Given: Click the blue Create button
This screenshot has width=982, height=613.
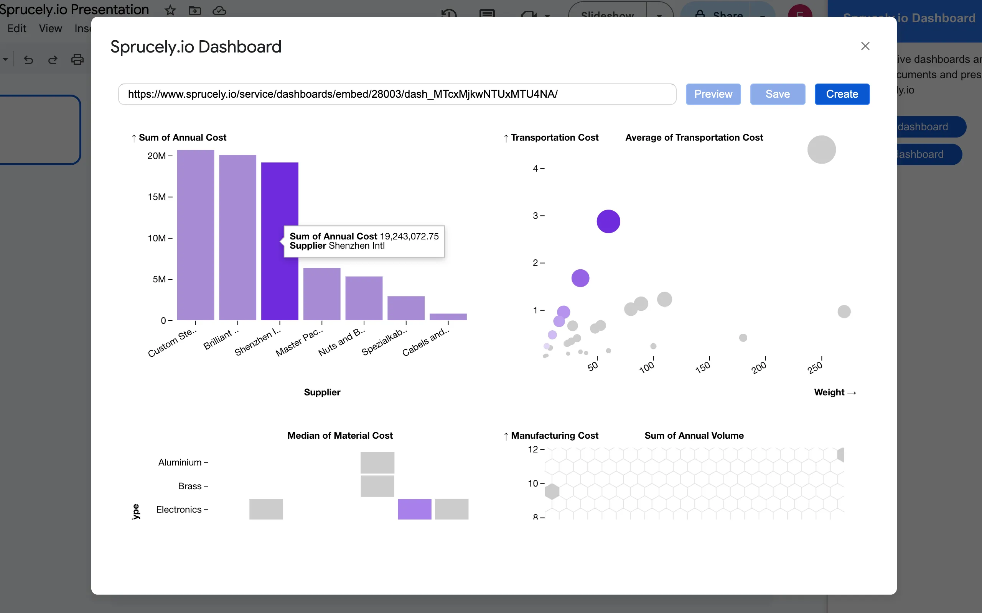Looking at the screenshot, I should click(842, 94).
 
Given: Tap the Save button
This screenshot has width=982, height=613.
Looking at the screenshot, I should click(777, 94).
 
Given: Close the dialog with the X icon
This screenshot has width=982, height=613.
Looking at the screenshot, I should click(865, 46).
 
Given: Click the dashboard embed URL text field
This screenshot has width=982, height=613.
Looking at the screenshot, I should click(397, 94).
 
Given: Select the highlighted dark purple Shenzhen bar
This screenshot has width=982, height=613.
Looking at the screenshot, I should click(280, 195).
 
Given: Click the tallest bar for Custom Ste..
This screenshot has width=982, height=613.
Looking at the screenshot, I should click(195, 235).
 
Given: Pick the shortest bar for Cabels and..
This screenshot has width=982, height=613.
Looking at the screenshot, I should click(448, 316).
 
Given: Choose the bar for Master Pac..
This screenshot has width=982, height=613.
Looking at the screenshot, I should click(321, 294).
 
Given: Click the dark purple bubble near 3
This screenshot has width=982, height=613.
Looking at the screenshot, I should click(608, 221).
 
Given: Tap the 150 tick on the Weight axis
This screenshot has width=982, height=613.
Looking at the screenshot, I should click(703, 367).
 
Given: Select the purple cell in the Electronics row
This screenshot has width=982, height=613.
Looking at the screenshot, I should click(414, 509).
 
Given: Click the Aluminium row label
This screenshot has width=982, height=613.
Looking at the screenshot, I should click(180, 462).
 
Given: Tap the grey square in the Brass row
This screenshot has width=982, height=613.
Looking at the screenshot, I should click(377, 486).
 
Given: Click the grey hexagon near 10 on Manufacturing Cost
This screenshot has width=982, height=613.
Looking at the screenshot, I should click(552, 492).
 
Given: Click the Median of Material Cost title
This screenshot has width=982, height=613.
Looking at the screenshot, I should click(339, 436).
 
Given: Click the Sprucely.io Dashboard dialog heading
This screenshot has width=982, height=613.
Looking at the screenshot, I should click(196, 47).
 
